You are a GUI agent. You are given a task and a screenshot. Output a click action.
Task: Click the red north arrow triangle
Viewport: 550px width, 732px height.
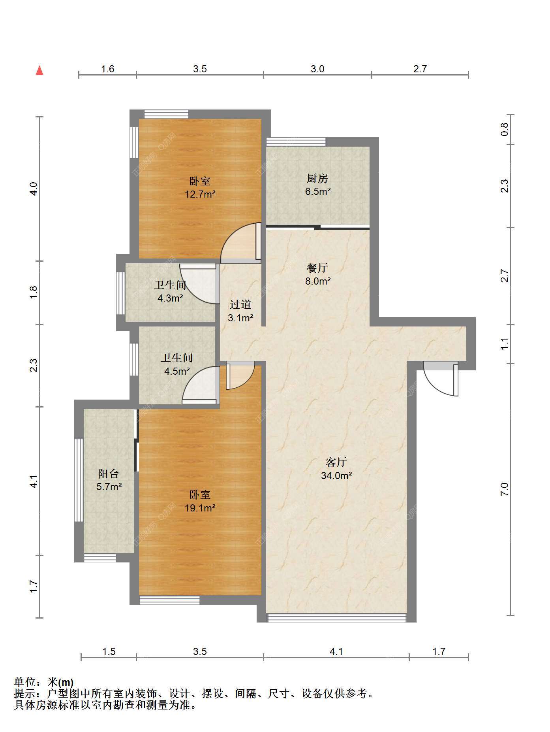tap(39, 70)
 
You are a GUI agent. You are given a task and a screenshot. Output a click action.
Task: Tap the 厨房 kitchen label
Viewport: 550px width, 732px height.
tap(317, 179)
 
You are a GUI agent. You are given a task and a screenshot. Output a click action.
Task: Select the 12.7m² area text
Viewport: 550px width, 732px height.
tap(200, 194)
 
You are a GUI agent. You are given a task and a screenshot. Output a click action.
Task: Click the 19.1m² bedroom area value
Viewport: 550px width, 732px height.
tap(200, 508)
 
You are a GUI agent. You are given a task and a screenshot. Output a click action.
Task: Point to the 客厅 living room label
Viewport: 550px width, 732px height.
tap(336, 462)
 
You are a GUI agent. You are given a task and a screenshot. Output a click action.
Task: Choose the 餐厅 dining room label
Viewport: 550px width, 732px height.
tap(317, 268)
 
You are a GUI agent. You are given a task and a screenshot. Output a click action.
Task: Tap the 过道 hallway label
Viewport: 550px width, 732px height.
tap(240, 304)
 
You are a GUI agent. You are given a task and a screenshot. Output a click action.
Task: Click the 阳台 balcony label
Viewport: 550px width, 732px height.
tap(108, 474)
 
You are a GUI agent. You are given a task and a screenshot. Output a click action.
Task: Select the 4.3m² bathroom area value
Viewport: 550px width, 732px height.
tap(170, 298)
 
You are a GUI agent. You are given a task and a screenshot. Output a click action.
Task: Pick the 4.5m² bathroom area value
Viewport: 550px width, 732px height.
tap(177, 371)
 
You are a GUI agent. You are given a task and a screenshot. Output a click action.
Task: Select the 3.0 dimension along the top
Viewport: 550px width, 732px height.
tap(317, 69)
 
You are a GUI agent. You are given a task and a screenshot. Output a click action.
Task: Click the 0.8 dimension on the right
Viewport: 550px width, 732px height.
tap(504, 129)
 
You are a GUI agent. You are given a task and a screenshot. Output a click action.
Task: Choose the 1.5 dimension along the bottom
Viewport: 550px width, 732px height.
tap(109, 651)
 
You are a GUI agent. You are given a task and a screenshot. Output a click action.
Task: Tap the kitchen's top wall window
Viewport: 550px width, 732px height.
tap(296, 141)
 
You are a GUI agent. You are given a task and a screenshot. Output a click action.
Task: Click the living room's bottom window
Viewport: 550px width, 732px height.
tap(337, 618)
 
